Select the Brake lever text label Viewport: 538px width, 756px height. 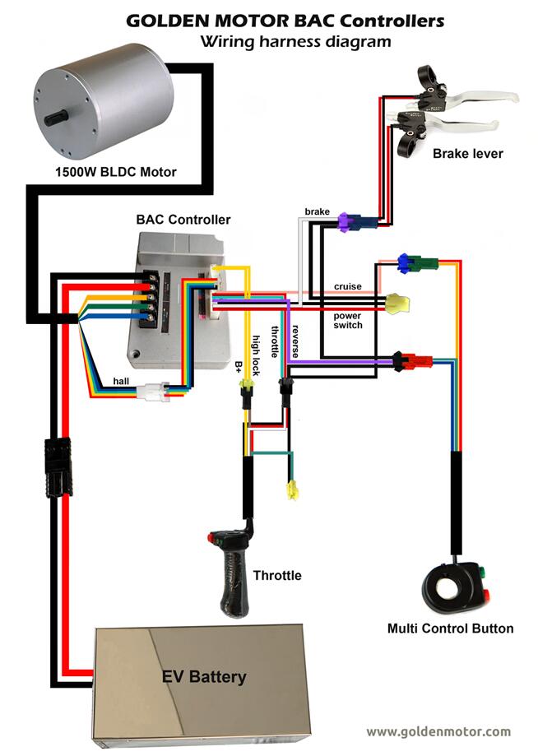point(468,153)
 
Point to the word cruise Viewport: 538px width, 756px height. point(347,286)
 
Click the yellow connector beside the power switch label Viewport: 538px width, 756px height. point(399,304)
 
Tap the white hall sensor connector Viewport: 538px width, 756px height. point(153,392)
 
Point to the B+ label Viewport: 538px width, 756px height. point(239,366)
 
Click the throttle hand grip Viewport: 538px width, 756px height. point(233,576)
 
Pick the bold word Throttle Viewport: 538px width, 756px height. point(277,576)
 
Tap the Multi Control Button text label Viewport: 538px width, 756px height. point(450,628)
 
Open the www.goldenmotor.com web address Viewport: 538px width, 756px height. point(438,731)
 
